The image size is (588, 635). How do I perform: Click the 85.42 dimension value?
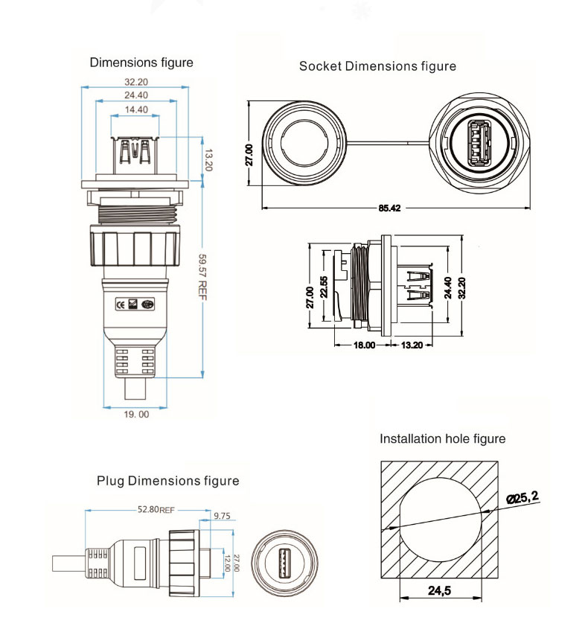(x=389, y=208)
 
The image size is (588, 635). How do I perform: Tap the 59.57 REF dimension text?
(x=202, y=277)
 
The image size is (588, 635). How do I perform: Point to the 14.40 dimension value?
(x=136, y=109)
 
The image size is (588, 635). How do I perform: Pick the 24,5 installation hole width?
(x=439, y=590)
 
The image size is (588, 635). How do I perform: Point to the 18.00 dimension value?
(x=362, y=345)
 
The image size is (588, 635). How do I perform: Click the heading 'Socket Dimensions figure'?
(x=377, y=66)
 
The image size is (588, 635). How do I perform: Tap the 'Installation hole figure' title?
(x=442, y=439)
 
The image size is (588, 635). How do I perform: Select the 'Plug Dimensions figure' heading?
(x=168, y=481)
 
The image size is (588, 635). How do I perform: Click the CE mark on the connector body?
(x=121, y=304)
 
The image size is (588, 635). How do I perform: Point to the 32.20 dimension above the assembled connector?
(x=136, y=81)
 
